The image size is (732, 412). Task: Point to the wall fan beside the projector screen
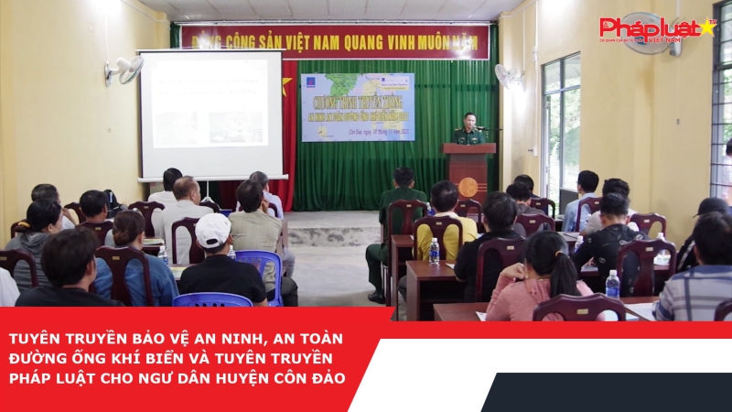(125, 70)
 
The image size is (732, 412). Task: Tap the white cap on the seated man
(213, 230)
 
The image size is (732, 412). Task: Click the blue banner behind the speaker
(358, 106)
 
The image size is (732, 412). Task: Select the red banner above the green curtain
(334, 40)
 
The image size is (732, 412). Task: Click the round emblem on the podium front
(468, 186)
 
